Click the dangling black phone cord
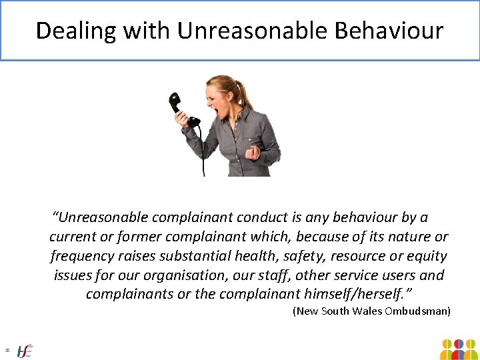point(203,153)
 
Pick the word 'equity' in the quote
point(426,256)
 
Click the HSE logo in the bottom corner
point(25,350)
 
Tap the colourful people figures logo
point(458,349)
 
